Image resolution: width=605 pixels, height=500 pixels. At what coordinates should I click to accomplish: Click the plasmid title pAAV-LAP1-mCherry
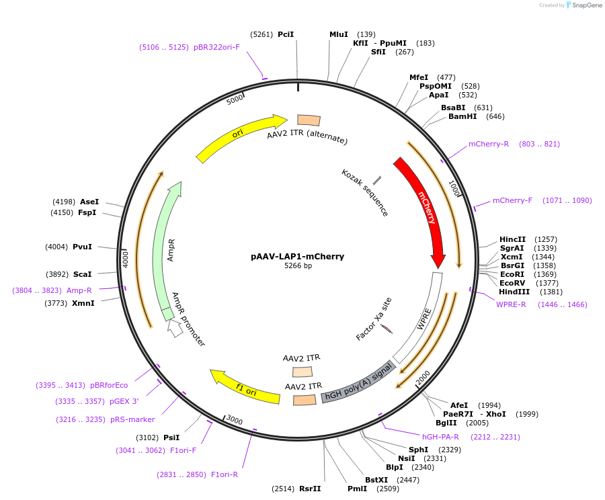(297, 256)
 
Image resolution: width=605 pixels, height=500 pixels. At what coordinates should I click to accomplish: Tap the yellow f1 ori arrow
(245, 387)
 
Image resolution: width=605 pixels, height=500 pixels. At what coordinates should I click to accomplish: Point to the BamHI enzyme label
(462, 116)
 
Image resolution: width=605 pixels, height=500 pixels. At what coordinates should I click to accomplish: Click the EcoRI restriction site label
(512, 274)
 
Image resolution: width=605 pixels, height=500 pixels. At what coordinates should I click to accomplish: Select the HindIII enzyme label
(514, 292)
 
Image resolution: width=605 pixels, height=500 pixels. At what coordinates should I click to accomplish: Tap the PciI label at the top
(286, 34)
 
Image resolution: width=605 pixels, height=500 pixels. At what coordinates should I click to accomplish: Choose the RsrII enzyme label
(310, 489)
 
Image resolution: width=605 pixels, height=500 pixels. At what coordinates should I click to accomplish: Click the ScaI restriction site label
(82, 274)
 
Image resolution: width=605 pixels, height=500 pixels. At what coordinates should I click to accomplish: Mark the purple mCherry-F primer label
(512, 200)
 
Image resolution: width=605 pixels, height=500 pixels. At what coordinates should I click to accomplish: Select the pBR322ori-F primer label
(216, 47)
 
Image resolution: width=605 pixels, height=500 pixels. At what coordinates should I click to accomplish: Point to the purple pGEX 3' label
(125, 401)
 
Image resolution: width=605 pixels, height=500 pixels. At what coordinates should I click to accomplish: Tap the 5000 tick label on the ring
(235, 99)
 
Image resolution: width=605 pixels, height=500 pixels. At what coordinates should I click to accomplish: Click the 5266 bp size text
(297, 266)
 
